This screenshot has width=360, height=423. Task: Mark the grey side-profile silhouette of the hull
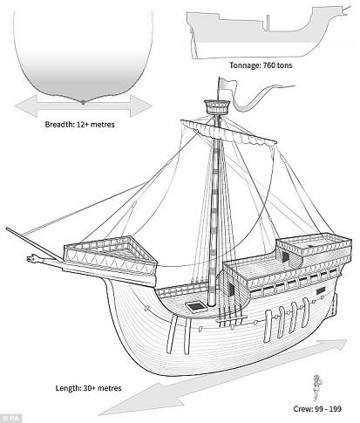(x=262, y=35)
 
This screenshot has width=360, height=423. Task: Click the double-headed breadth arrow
(x=80, y=104)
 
